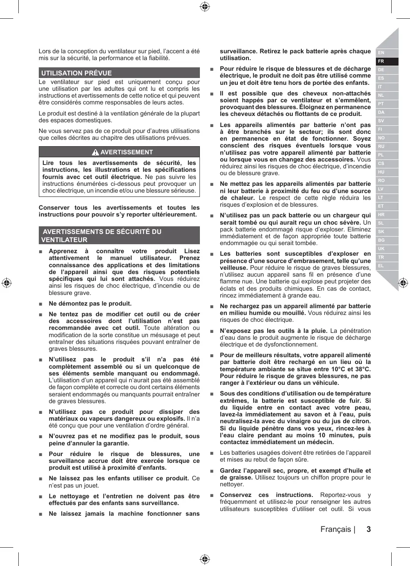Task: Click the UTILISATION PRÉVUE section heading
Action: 77,73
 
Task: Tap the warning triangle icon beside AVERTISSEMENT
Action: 95,152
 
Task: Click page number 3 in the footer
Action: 369,529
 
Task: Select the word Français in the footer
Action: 336,529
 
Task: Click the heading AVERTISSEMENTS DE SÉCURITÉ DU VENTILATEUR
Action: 102,235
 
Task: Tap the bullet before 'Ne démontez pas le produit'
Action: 40,304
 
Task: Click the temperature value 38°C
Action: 362,369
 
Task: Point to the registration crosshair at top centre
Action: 205,6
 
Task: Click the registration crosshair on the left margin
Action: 6,283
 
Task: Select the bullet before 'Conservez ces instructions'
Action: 211,495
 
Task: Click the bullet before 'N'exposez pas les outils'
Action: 211,331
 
